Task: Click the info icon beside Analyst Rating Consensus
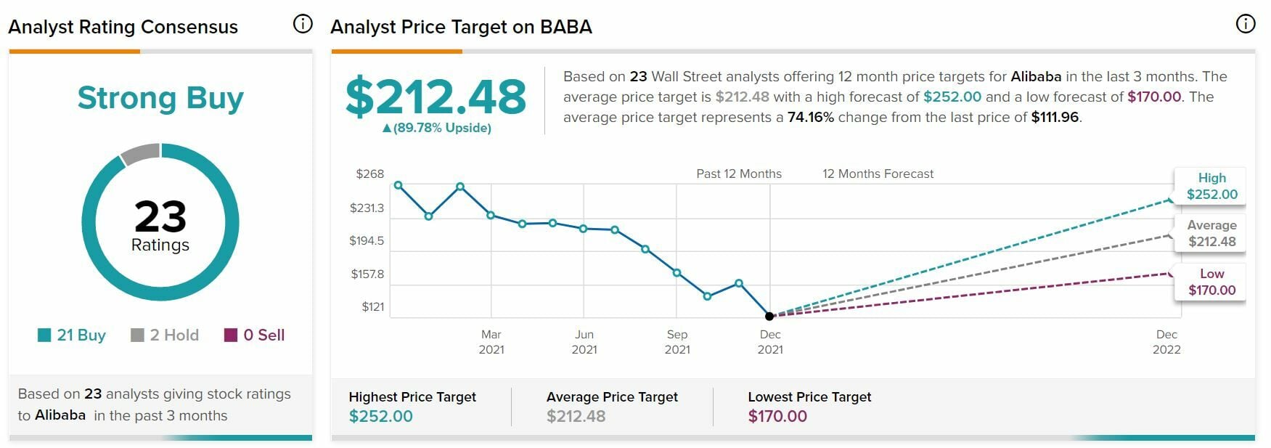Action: pyautogui.click(x=303, y=24)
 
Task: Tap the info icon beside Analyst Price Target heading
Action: pyautogui.click(x=1245, y=24)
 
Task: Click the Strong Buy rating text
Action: pyautogui.click(x=160, y=98)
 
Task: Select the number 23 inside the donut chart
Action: pyautogui.click(x=160, y=216)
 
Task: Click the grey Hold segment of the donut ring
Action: pyautogui.click(x=140, y=153)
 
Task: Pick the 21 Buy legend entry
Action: pyautogui.click(x=72, y=335)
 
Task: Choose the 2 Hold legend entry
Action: pyautogui.click(x=165, y=335)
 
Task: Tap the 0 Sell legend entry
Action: pyautogui.click(x=255, y=335)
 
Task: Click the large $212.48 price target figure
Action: pyautogui.click(x=436, y=97)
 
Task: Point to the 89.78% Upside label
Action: pyautogui.click(x=437, y=128)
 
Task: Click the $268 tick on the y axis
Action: pyautogui.click(x=369, y=174)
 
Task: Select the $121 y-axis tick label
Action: pyautogui.click(x=372, y=306)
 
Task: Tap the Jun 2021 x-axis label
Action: pyautogui.click(x=584, y=341)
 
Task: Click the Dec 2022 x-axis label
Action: pyautogui.click(x=1166, y=341)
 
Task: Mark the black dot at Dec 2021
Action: pyautogui.click(x=769, y=316)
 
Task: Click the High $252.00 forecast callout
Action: pyautogui.click(x=1211, y=186)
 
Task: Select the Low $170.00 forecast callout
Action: pyautogui.click(x=1211, y=282)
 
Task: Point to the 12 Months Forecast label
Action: pyautogui.click(x=878, y=174)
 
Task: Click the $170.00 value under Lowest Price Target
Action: pyautogui.click(x=777, y=416)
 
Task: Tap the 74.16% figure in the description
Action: pyautogui.click(x=811, y=117)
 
